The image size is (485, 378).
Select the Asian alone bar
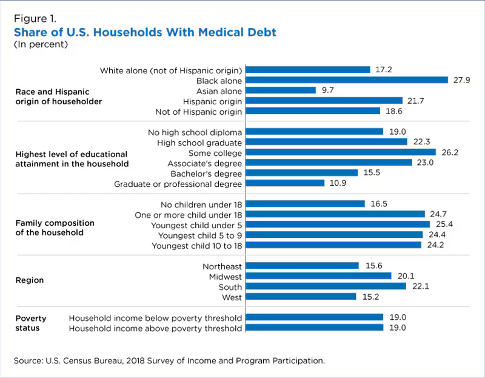pyautogui.click(x=281, y=90)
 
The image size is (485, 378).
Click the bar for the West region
pyautogui.click(x=301, y=297)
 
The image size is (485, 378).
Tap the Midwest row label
pyautogui.click(x=225, y=276)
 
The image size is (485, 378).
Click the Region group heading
pyautogui.click(x=30, y=280)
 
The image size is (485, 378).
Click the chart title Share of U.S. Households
pyautogui.click(x=145, y=32)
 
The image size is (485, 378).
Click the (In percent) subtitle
pyautogui.click(x=41, y=44)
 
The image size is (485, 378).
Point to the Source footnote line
pyautogui.click(x=169, y=360)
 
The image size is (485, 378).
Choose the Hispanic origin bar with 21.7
pyautogui.click(x=325, y=101)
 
